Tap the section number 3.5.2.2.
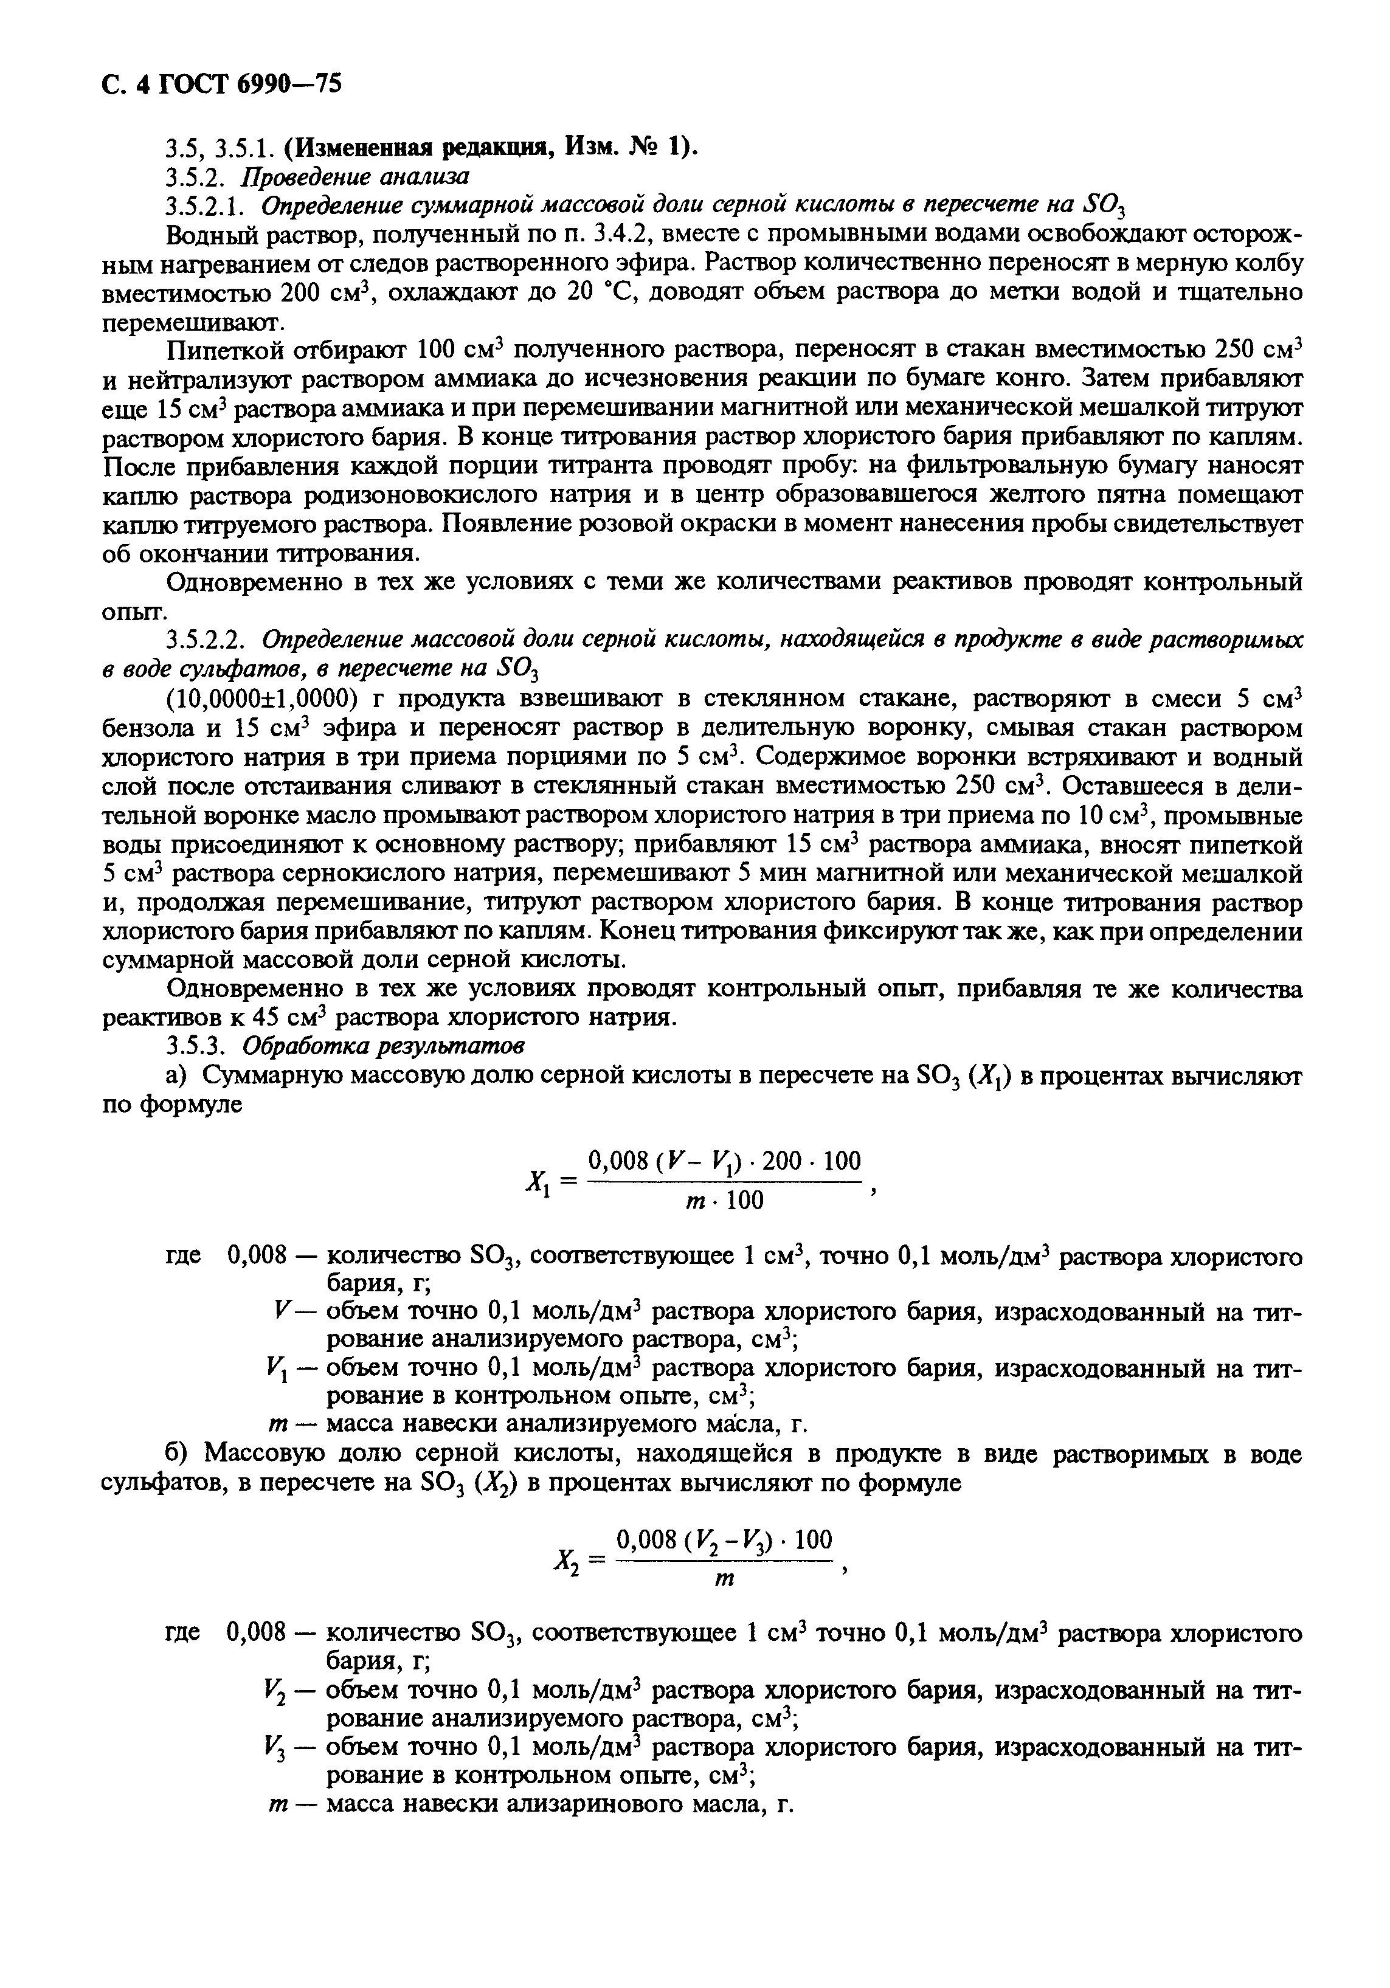[209, 640]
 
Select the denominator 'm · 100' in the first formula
[724, 1200]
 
